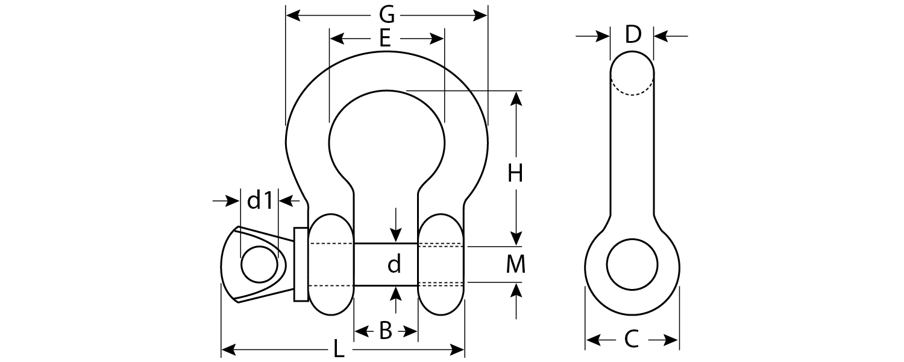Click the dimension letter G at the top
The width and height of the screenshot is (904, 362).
(386, 14)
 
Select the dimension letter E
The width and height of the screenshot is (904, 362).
(386, 39)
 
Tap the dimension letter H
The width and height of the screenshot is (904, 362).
(515, 174)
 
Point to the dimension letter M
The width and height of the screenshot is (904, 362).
(516, 264)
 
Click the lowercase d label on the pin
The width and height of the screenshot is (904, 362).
(394, 264)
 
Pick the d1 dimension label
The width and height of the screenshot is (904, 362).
(260, 201)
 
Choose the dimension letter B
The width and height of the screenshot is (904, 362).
(386, 331)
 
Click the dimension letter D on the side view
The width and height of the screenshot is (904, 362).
(632, 36)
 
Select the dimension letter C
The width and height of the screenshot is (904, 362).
(631, 340)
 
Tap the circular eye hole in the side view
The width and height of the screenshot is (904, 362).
(632, 264)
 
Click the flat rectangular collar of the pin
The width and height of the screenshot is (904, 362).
(301, 264)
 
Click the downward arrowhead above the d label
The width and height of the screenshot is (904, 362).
(395, 236)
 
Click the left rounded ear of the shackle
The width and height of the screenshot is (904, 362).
(331, 264)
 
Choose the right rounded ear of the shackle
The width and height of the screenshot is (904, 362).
(441, 264)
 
